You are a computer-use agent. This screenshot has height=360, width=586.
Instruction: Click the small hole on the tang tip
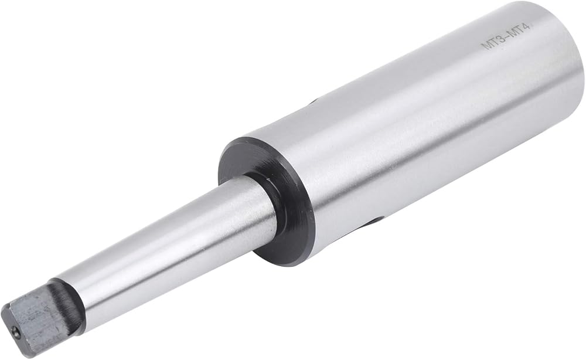coord(15,330)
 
